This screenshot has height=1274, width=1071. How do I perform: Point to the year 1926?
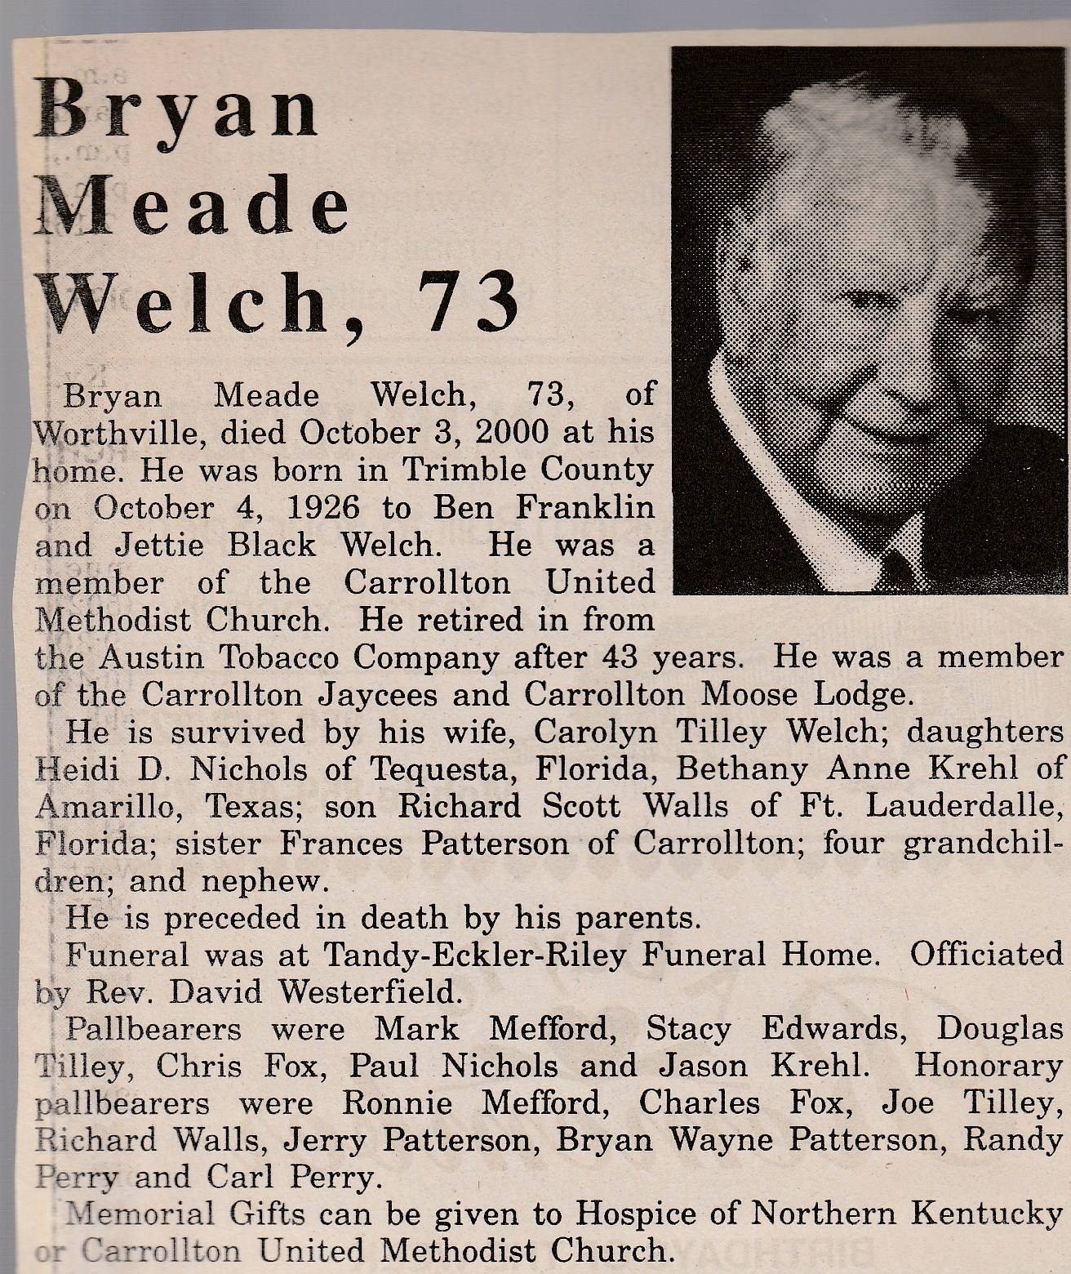323,507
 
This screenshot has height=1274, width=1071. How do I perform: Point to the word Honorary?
989,1066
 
